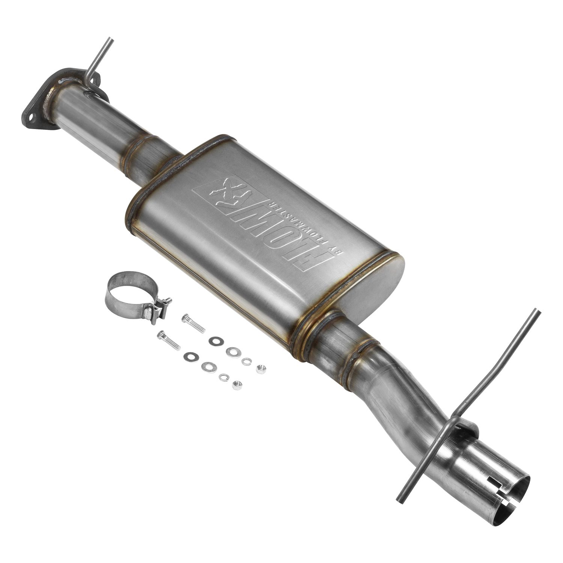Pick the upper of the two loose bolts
point(193,324)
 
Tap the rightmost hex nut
point(259,368)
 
